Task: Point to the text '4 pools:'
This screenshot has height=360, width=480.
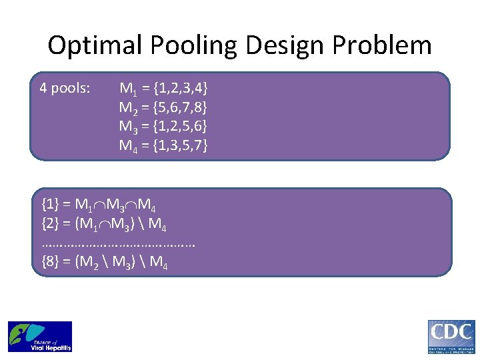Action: pyautogui.click(x=65, y=87)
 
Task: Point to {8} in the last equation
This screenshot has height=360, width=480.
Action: pyautogui.click(x=50, y=262)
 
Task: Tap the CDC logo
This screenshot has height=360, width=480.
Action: pyautogui.click(x=451, y=337)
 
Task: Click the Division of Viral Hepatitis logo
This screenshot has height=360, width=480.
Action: pyautogui.click(x=40, y=337)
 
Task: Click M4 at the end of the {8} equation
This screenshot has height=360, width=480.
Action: pyautogui.click(x=159, y=263)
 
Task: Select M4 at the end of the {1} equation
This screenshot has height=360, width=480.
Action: pyautogui.click(x=147, y=205)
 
